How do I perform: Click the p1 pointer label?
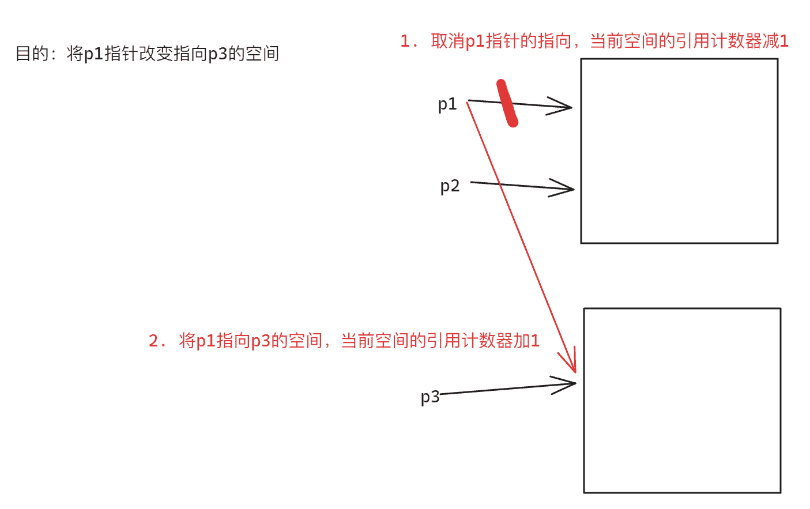click(x=447, y=104)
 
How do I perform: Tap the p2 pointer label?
click(x=450, y=186)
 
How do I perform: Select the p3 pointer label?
click(x=430, y=397)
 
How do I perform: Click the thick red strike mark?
click(x=507, y=103)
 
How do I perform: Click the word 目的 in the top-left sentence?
click(x=32, y=54)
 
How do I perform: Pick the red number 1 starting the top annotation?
click(x=405, y=41)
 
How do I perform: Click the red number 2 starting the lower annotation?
click(x=153, y=341)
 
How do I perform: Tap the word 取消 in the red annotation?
click(x=448, y=41)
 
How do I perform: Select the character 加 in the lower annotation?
click(x=522, y=341)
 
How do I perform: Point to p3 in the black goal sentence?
click(x=217, y=54)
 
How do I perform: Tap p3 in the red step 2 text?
click(x=261, y=341)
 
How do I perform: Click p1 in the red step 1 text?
click(x=474, y=41)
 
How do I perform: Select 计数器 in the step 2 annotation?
click(x=487, y=341)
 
